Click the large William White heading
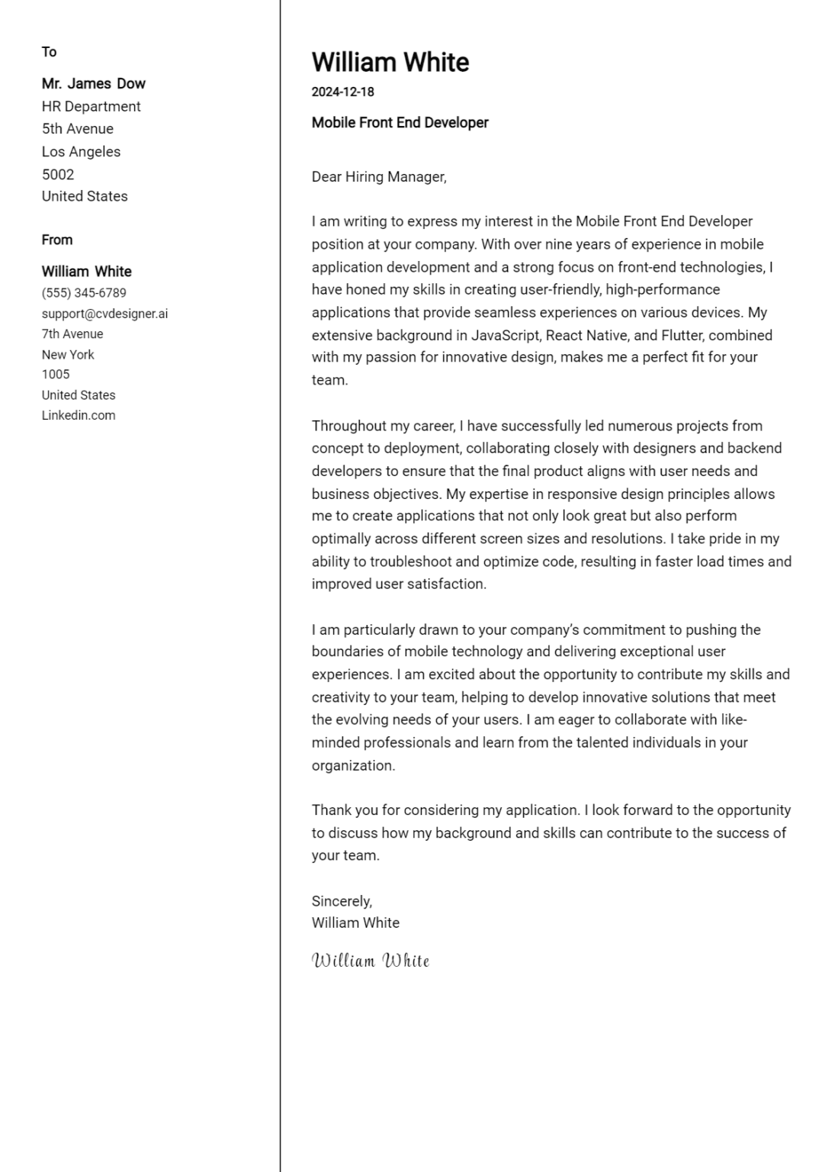point(390,62)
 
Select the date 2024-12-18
point(342,92)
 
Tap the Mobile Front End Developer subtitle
point(400,122)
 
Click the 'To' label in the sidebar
point(49,52)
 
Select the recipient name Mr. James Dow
point(93,83)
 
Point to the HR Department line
point(91,106)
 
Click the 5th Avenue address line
point(77,128)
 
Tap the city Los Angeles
point(81,151)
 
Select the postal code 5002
point(57,174)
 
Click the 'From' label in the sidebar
point(56,240)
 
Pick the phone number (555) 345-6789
point(84,292)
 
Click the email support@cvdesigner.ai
point(104,313)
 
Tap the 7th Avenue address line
point(72,333)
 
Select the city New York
point(68,354)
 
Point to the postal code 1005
point(55,374)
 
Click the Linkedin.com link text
point(78,415)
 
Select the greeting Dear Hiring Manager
point(378,176)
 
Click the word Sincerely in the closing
point(341,900)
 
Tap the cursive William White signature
point(371,960)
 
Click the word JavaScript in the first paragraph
point(506,335)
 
